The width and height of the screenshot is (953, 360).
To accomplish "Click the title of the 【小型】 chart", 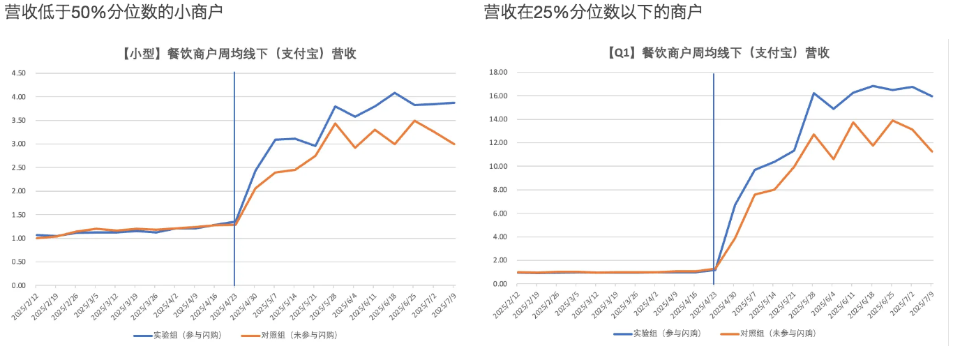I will coord(234,54).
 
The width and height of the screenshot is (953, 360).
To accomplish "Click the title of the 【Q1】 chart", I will coord(714,53).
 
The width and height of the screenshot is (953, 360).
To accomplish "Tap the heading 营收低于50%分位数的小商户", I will coord(115,12).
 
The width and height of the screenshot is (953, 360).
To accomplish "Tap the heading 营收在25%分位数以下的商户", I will coord(593,12).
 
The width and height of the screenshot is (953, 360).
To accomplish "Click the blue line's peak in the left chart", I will coord(395,93).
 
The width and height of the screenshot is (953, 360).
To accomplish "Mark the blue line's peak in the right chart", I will coord(873,86).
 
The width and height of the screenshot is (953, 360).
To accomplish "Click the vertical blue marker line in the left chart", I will coord(234,174).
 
